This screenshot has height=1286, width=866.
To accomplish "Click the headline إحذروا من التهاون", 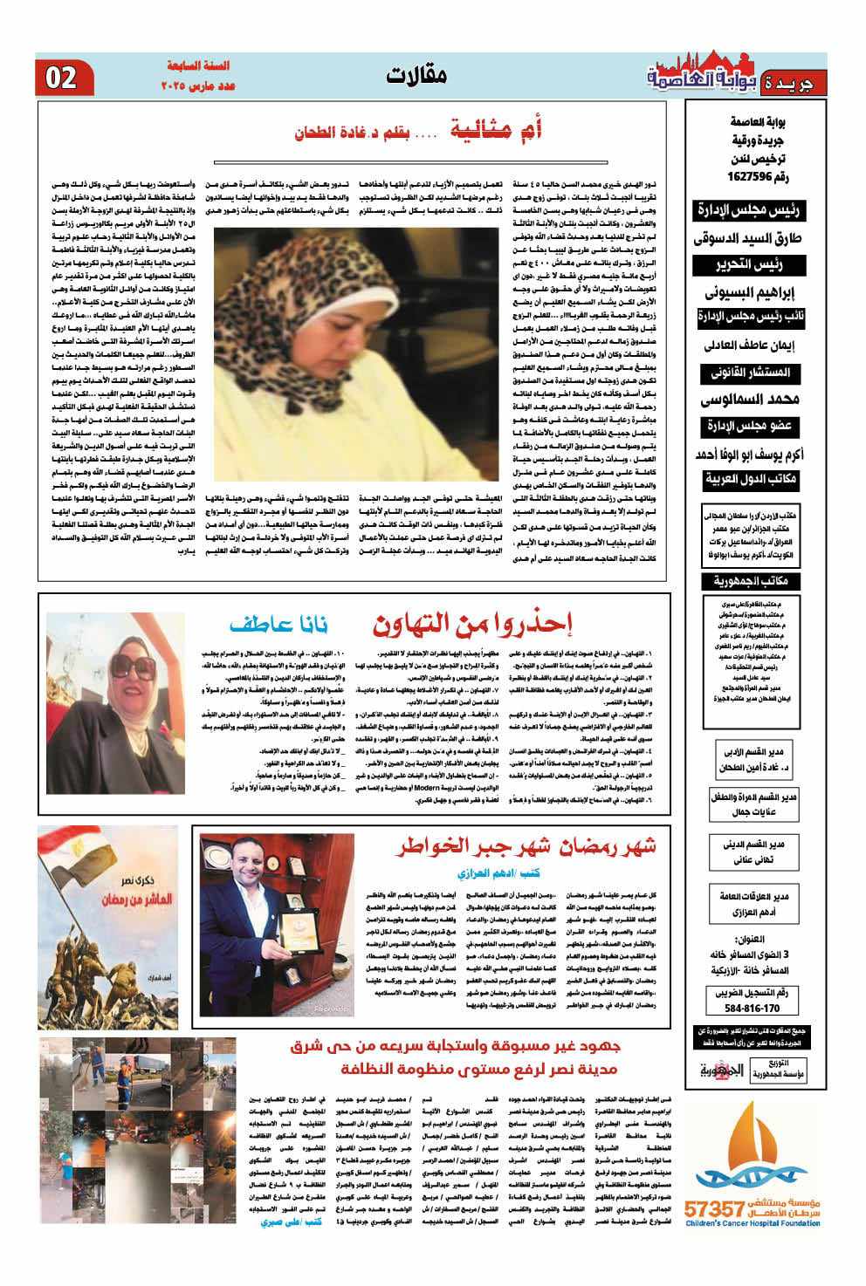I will click(472, 625).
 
